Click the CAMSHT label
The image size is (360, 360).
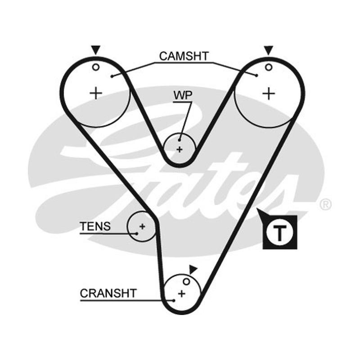[x=184, y=56]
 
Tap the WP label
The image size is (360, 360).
[x=183, y=95]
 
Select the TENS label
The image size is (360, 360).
[x=95, y=226]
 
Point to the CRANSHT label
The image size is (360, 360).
[x=108, y=293]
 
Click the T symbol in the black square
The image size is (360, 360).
[x=279, y=233]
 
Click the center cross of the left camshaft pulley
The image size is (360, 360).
[x=96, y=93]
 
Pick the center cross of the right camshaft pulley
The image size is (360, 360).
[x=269, y=94]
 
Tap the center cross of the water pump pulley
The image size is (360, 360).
[x=180, y=150]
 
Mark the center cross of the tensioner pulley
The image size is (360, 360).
[x=142, y=227]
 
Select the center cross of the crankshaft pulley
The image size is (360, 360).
[x=182, y=294]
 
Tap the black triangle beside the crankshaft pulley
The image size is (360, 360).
[x=193, y=269]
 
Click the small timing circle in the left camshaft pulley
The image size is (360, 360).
[x=96, y=67]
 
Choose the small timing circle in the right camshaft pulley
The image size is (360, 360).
[x=269, y=67]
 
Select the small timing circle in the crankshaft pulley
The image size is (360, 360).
[x=186, y=282]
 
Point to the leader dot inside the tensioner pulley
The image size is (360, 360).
[x=137, y=234]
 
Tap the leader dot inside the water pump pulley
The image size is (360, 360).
[x=180, y=140]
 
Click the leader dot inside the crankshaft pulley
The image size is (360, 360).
[x=174, y=301]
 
